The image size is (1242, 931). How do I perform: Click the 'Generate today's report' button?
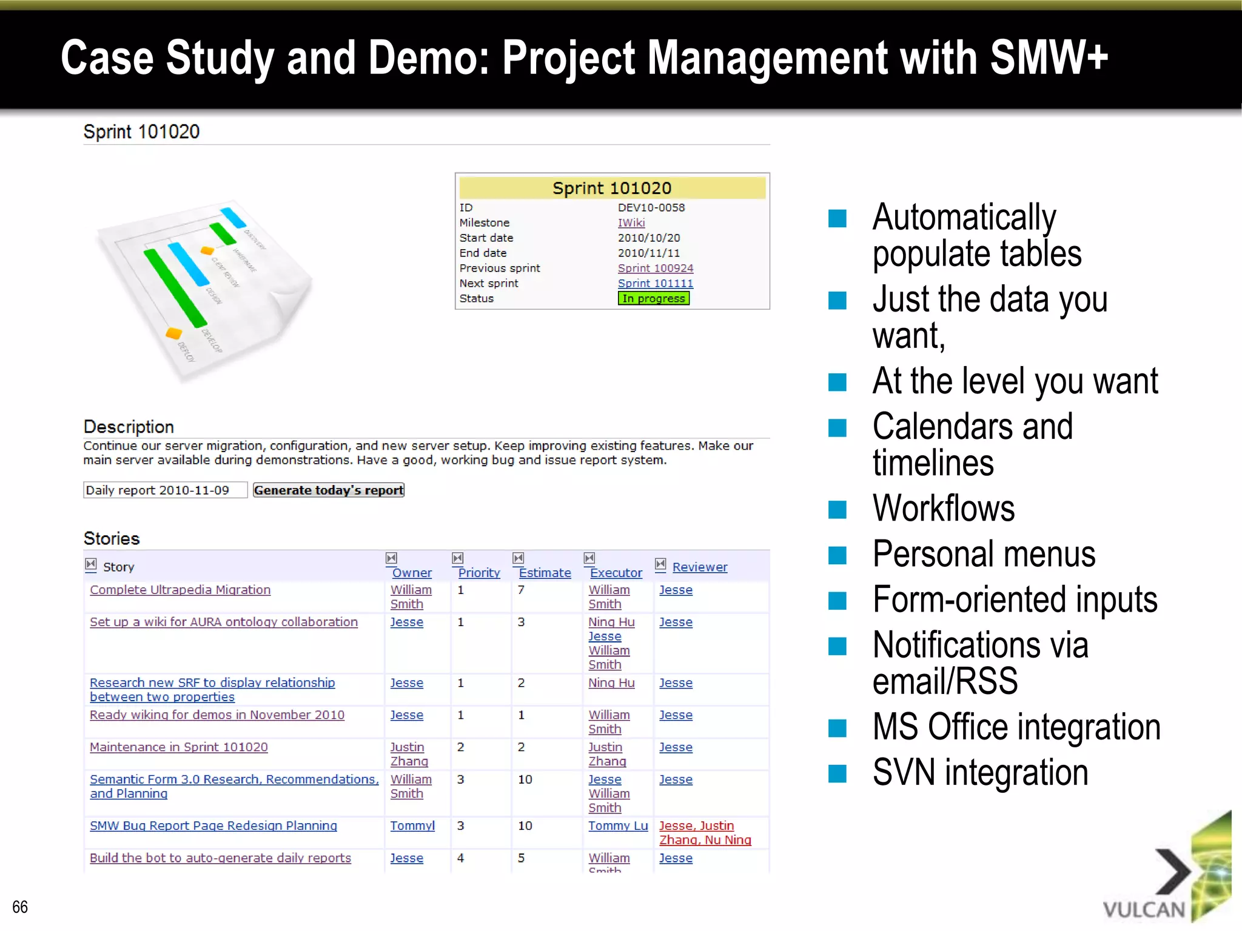328,490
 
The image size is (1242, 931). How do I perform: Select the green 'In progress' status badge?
653,298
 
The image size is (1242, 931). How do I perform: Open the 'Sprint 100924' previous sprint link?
655,268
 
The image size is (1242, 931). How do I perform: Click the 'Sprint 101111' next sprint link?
655,283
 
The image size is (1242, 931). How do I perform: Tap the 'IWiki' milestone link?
631,222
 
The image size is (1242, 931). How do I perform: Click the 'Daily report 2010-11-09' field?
165,490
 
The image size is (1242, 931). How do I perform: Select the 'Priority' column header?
478,573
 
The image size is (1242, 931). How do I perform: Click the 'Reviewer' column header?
699,567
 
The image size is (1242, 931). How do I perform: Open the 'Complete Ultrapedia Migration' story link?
180,590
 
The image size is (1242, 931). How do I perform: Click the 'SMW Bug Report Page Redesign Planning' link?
213,826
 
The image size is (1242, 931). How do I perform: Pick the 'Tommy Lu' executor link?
617,826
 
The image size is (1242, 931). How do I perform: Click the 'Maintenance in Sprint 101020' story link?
178,747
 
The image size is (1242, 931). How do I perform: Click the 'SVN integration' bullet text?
979,773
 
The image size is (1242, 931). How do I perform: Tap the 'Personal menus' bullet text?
983,554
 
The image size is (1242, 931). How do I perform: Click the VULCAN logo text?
1143,909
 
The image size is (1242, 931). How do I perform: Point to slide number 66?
20,907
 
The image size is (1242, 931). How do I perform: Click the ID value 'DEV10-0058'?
651,207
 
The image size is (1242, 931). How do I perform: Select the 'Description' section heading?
129,427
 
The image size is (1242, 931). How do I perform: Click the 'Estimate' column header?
544,573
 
